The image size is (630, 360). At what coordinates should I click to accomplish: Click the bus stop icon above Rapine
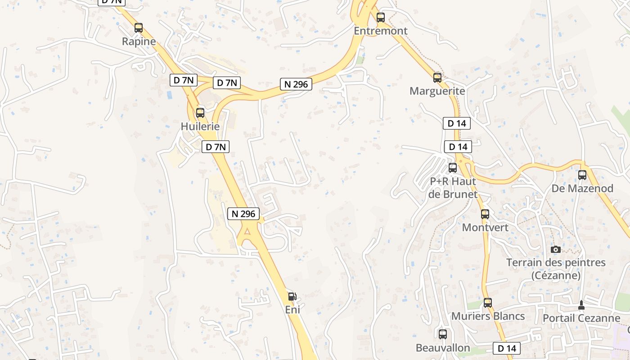coord(139,28)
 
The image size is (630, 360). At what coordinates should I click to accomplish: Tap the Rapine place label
coord(139,42)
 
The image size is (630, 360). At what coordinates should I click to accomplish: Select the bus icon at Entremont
coord(381,18)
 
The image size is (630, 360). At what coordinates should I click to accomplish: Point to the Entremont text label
coord(381,31)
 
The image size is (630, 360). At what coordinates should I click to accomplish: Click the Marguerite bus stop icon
coord(437,77)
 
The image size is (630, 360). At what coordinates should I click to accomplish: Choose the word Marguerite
coord(437,91)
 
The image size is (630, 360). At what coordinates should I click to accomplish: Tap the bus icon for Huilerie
coord(200,112)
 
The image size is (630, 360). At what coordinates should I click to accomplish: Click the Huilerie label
coord(200,126)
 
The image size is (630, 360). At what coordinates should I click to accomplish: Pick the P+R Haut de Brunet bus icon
coord(453,168)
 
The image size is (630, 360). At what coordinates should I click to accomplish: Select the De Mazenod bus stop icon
coord(582,175)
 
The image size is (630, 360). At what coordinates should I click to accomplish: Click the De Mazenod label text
coord(582,189)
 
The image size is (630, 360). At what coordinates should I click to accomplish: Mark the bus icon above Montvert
coord(485,214)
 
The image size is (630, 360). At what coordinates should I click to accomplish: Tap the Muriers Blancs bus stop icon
coord(488,302)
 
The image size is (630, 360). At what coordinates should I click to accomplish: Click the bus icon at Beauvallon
coord(443,334)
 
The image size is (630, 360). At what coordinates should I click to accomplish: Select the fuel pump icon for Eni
coord(292,296)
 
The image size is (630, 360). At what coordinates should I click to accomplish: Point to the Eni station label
coord(292,310)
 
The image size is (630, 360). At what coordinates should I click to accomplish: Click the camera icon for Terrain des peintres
coord(556,249)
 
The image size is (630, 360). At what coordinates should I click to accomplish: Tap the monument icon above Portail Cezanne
coord(581,305)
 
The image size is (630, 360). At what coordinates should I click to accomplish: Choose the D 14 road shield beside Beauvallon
coord(507,348)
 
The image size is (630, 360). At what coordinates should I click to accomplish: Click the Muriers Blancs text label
coord(488,316)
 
